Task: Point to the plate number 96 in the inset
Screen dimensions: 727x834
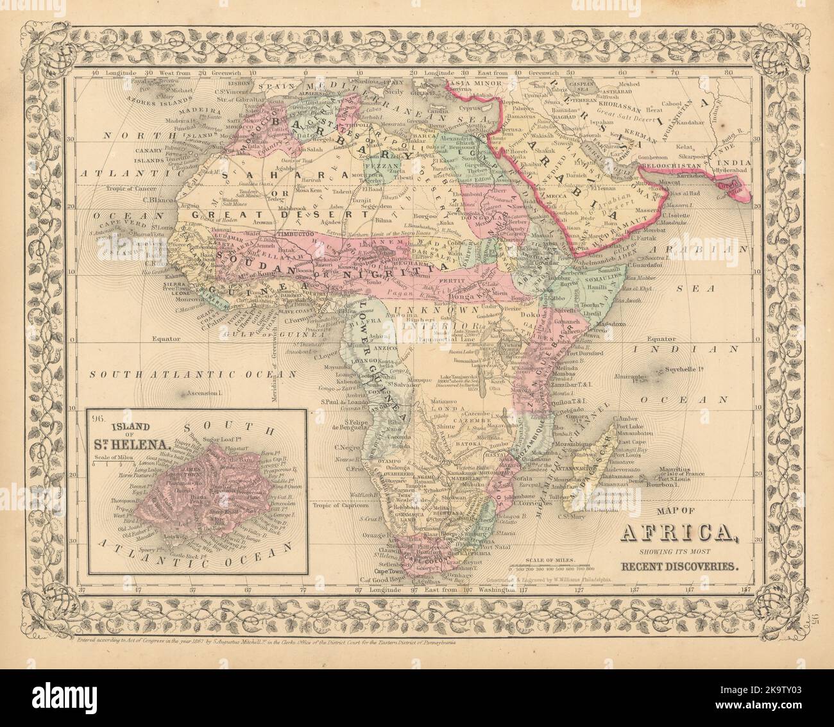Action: tap(97, 421)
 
